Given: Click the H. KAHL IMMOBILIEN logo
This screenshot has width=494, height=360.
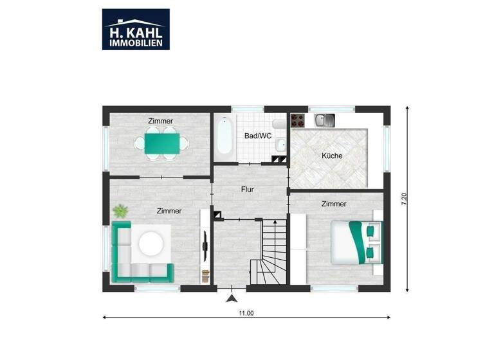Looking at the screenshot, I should click(136, 29).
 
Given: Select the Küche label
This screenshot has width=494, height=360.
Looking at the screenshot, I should click(332, 156).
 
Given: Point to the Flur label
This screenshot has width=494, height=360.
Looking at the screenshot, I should click(248, 190).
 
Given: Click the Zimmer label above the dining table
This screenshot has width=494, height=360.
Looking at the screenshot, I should click(160, 121).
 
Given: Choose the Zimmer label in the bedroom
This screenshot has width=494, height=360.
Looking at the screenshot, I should click(334, 204).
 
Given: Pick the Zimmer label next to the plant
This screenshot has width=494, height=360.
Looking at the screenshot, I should click(169, 211).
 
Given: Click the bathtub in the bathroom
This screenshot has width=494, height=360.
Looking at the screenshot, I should click(224, 136).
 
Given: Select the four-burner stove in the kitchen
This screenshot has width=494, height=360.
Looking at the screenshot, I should click(297, 119).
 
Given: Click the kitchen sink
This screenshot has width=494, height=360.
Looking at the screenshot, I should click(324, 120).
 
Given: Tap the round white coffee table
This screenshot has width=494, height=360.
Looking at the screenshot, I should click(152, 244).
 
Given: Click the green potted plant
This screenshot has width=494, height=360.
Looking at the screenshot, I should click(120, 210).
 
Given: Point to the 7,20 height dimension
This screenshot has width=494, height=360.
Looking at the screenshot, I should click(404, 199).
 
